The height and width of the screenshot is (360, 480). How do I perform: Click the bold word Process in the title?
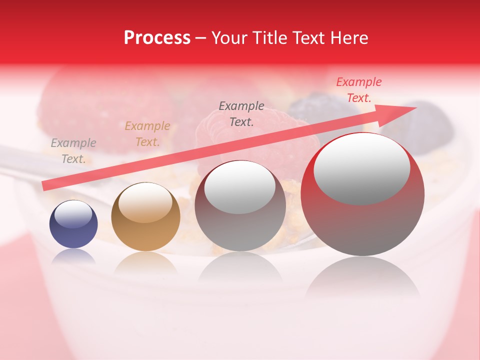[157, 38]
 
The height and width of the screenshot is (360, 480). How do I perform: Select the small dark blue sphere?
[73, 224]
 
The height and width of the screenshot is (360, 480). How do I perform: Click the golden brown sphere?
[145, 217]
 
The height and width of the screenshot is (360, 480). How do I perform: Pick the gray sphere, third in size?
[240, 206]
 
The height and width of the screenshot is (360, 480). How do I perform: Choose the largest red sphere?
[362, 195]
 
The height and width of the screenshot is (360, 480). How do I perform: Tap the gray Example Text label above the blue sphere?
[73, 151]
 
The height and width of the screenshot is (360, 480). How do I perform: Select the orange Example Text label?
[147, 134]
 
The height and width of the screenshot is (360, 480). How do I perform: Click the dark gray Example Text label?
[241, 114]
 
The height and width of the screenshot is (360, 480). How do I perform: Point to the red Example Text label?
[358, 90]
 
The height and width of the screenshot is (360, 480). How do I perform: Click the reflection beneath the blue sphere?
[73, 256]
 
